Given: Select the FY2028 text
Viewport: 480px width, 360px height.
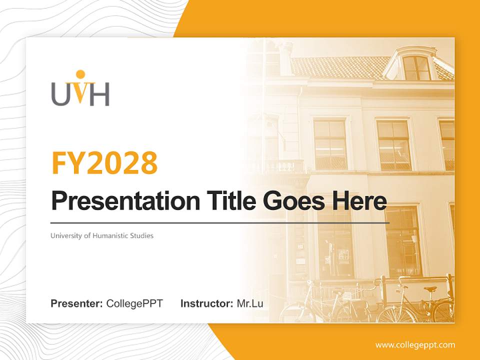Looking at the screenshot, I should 104,162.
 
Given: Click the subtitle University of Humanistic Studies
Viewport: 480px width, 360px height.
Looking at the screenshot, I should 102,235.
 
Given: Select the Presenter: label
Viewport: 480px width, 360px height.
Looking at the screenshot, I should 76,303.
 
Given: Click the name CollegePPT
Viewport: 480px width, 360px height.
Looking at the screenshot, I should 134,303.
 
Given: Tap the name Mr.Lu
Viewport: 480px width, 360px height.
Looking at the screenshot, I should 250,303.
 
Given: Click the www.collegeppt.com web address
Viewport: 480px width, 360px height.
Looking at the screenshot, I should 415,345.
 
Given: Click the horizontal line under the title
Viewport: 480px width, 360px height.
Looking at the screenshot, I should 220,222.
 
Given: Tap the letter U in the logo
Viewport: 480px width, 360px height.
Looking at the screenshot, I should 60,95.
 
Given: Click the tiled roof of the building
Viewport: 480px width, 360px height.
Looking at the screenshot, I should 340,67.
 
